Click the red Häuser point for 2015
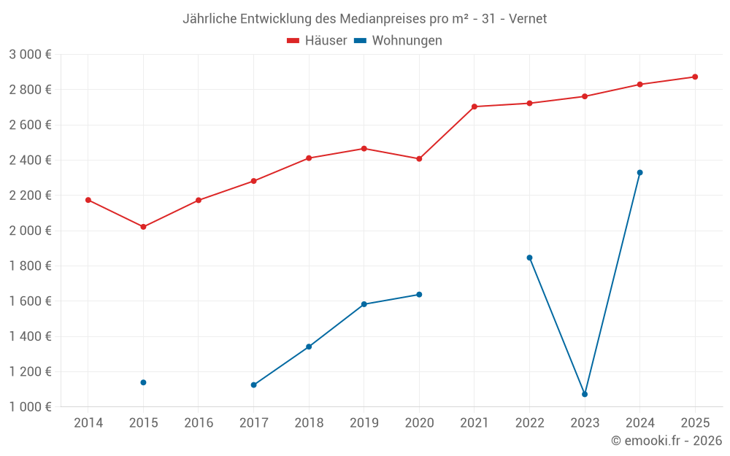143,227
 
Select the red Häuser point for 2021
474,107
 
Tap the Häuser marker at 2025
695,77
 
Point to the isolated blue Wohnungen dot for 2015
143,382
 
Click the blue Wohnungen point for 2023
585,394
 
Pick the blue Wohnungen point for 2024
640,173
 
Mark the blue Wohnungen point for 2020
419,295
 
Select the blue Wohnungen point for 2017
253,384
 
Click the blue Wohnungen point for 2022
529,258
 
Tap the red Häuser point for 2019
364,149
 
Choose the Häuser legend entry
317,41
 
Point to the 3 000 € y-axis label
30,55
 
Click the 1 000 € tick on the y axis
30,407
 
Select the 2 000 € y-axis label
30,231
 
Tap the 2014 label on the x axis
88,423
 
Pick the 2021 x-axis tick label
474,423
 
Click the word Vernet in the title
528,19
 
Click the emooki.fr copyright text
666,441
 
